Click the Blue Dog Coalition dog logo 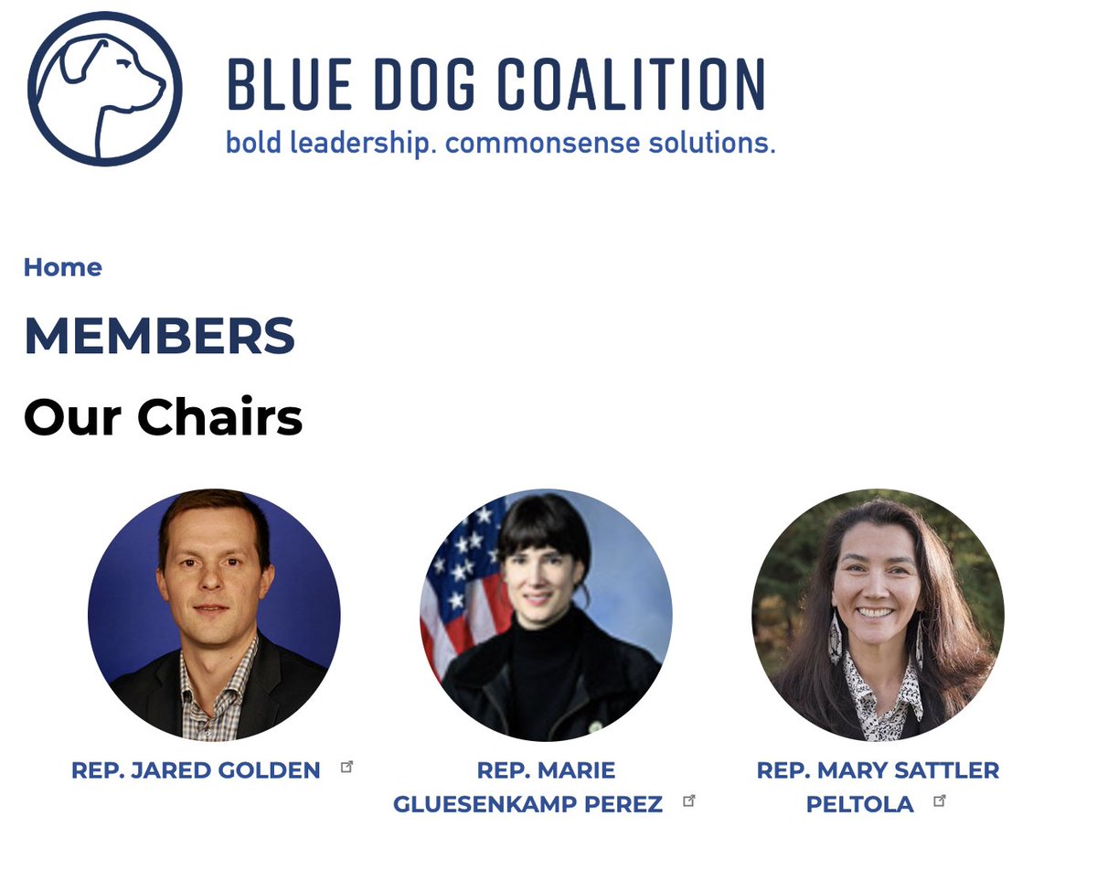(x=105, y=88)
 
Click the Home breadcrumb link (x=62, y=267)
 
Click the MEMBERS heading (x=160, y=336)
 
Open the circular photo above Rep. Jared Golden (x=214, y=614)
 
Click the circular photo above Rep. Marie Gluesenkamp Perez (x=546, y=614)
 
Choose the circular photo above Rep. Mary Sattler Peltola (x=878, y=614)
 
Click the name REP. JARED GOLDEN (x=196, y=770)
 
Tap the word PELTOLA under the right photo (x=859, y=805)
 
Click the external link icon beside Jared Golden (x=346, y=767)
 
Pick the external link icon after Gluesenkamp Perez (x=689, y=800)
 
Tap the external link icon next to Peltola (x=939, y=800)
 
